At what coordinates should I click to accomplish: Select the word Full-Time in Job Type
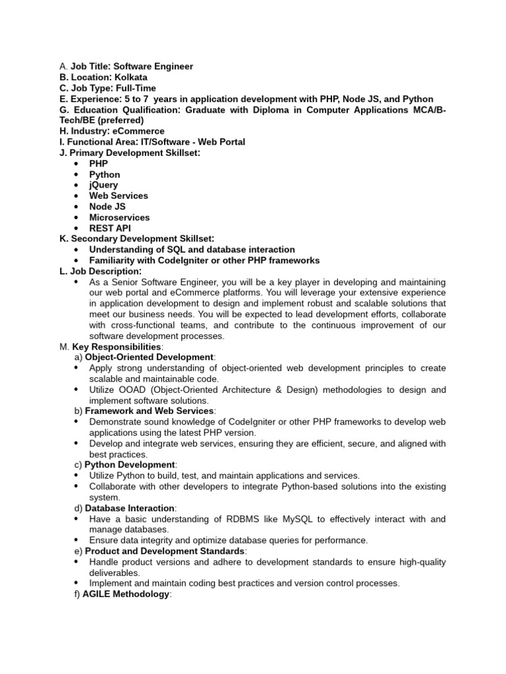[x=135, y=88]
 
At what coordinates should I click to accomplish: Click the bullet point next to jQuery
[x=77, y=185]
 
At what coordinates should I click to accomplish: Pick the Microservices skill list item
[x=119, y=217]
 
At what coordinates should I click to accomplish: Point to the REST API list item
[x=110, y=228]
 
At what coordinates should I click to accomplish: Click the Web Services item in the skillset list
[x=119, y=195]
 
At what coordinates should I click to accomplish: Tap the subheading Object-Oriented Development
[x=150, y=357]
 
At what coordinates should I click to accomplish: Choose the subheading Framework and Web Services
[x=149, y=411]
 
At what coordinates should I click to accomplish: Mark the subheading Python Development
[x=131, y=465]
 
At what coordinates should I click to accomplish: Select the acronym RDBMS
[x=243, y=519]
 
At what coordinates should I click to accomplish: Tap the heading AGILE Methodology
[x=126, y=594]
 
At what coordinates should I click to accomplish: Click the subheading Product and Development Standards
[x=165, y=551]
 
